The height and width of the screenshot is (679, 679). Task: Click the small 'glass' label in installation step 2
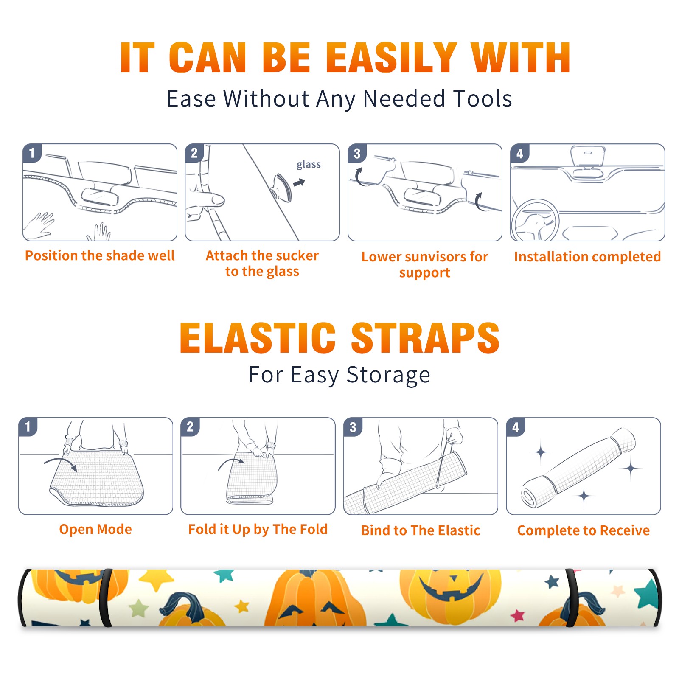(309, 165)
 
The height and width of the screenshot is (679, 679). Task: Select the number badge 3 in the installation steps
(357, 153)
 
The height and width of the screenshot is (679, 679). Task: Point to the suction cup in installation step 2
(282, 187)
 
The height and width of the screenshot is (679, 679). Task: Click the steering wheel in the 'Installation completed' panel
(536, 220)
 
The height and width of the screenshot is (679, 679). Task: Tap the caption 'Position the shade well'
(100, 255)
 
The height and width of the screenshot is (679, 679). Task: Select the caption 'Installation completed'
(587, 257)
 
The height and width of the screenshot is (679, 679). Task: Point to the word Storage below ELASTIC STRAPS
(388, 375)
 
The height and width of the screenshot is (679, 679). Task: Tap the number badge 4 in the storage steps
(516, 427)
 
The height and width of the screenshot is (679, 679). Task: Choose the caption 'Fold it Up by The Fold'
(258, 530)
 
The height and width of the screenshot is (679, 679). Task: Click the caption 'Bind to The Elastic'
(421, 530)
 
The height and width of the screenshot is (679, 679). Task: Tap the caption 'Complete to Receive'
(584, 530)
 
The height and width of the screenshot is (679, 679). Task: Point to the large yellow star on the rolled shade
(157, 580)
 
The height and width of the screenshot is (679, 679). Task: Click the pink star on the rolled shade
(517, 615)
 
